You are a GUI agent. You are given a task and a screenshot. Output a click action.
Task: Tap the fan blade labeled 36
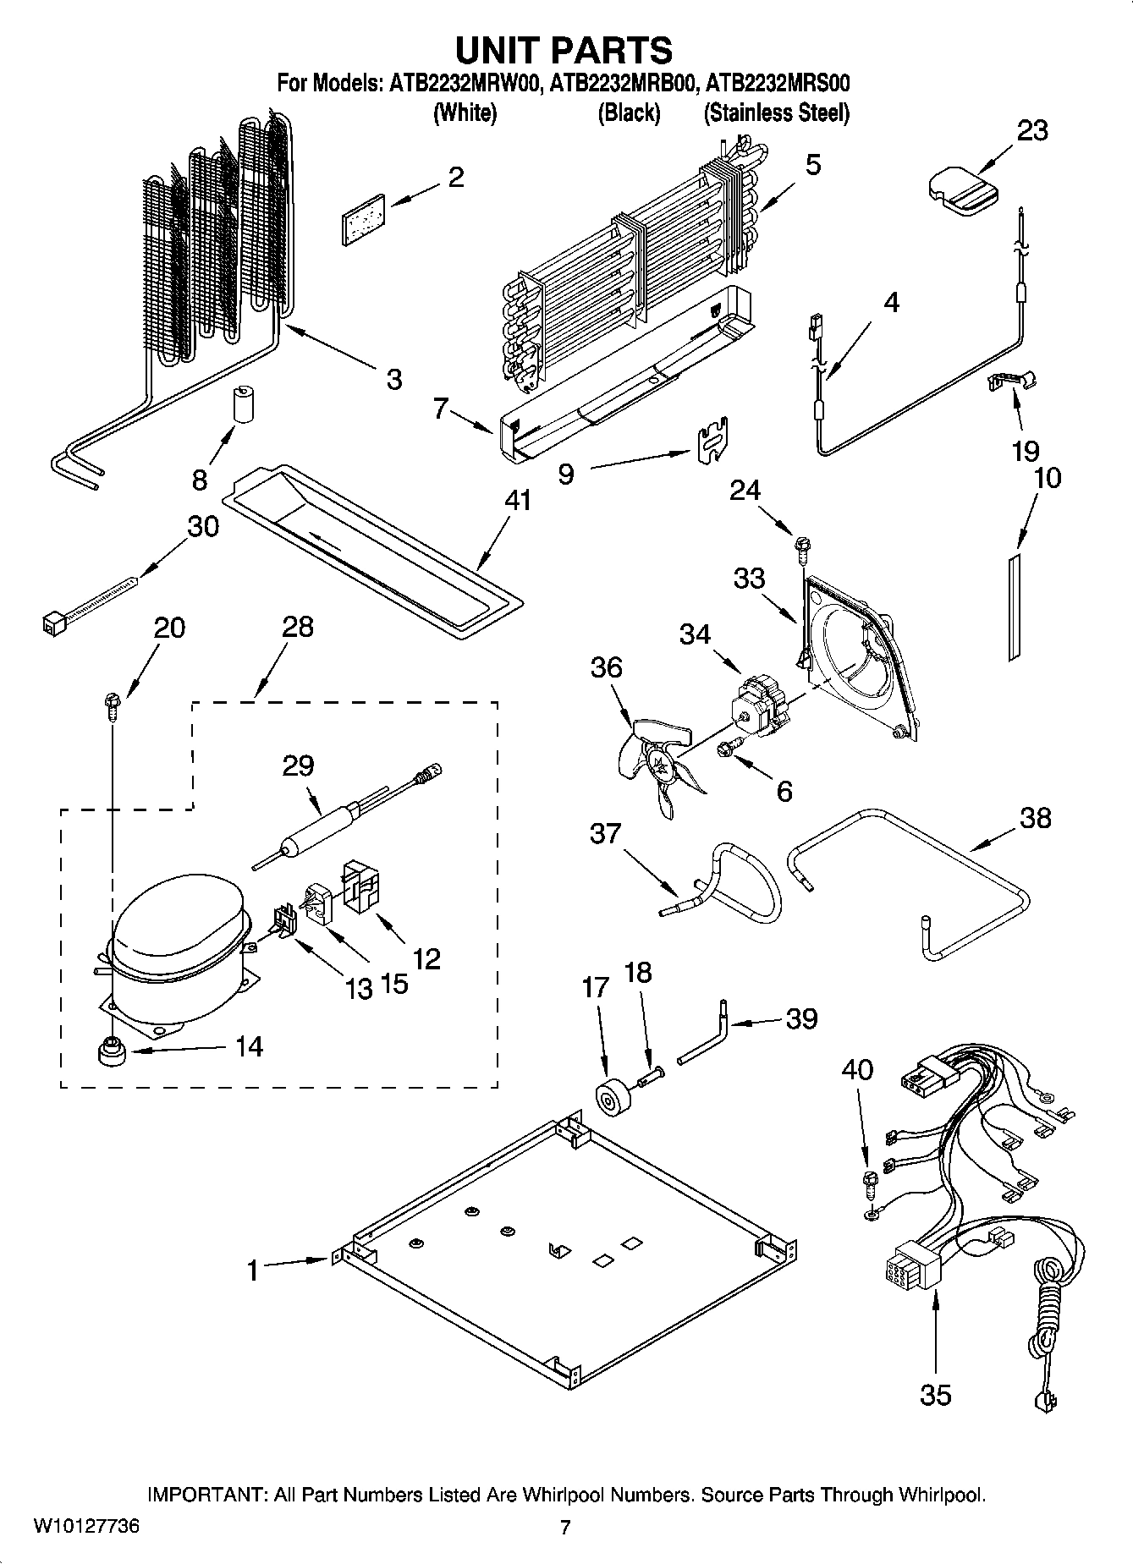pyautogui.click(x=656, y=766)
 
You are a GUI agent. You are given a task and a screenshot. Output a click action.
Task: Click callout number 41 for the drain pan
pyautogui.click(x=517, y=501)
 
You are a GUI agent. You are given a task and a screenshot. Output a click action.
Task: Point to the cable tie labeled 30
pyautogui.click(x=89, y=602)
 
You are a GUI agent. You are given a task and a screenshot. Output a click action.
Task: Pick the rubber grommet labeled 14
pyautogui.click(x=110, y=1054)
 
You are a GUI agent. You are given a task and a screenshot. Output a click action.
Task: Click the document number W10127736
pyautogui.click(x=86, y=1527)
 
